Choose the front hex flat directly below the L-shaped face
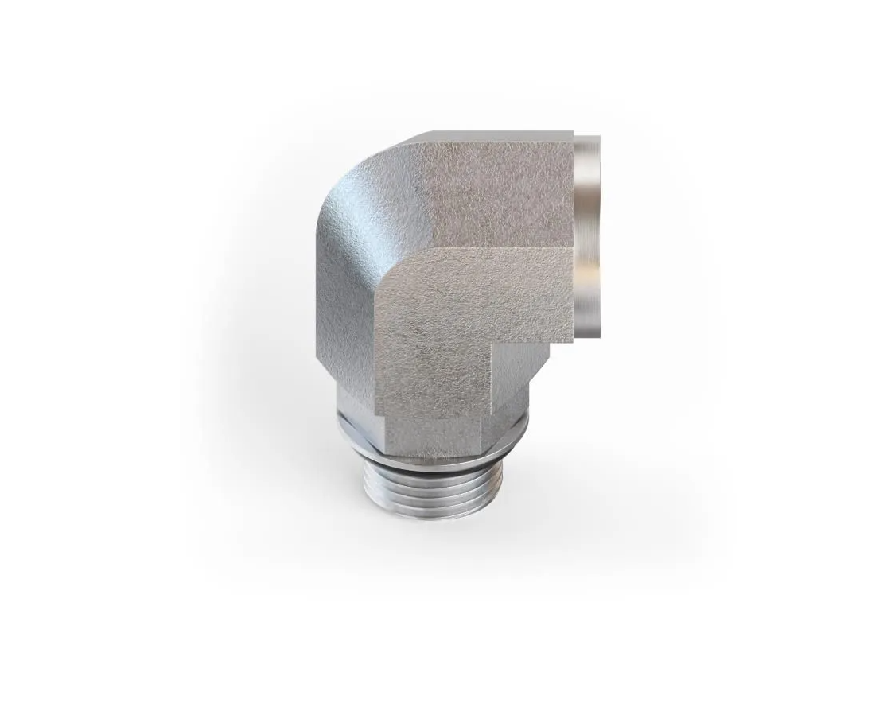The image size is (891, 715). pos(434,433)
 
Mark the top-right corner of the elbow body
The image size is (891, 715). pos(573,134)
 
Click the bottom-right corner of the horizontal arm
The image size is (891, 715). pos(572,340)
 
